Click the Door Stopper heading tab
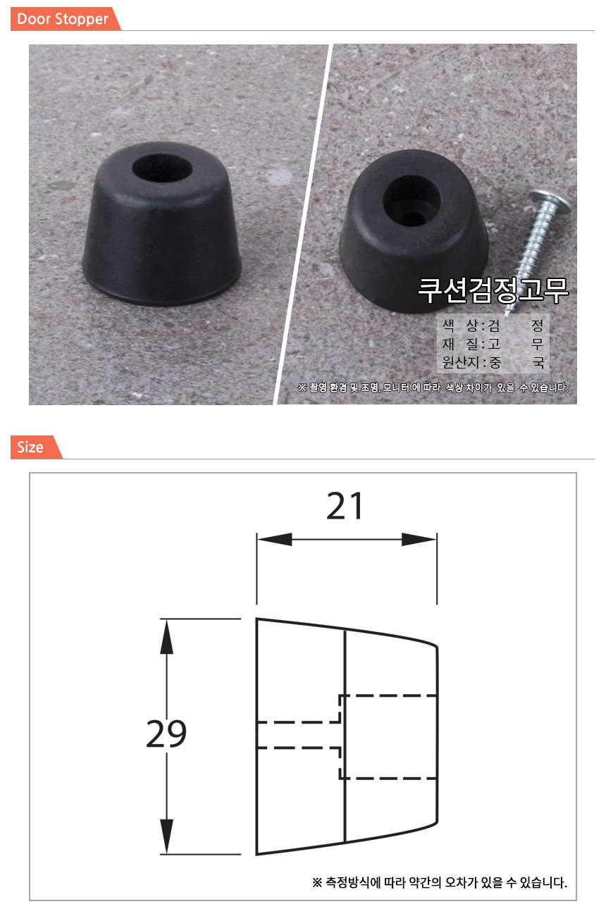[66, 19]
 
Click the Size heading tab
[36, 447]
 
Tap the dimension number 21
[345, 506]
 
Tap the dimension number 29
[166, 734]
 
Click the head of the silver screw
[550, 201]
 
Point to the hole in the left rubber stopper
[162, 168]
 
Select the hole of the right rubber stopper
[412, 201]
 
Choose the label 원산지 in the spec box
[460, 362]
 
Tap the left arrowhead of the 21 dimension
[274, 539]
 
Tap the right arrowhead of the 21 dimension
[419, 539]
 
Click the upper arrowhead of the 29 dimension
[166, 636]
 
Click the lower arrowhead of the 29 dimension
[166, 836]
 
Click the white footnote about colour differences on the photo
[433, 388]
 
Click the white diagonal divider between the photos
[303, 225]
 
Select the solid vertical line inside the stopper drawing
[345, 736]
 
